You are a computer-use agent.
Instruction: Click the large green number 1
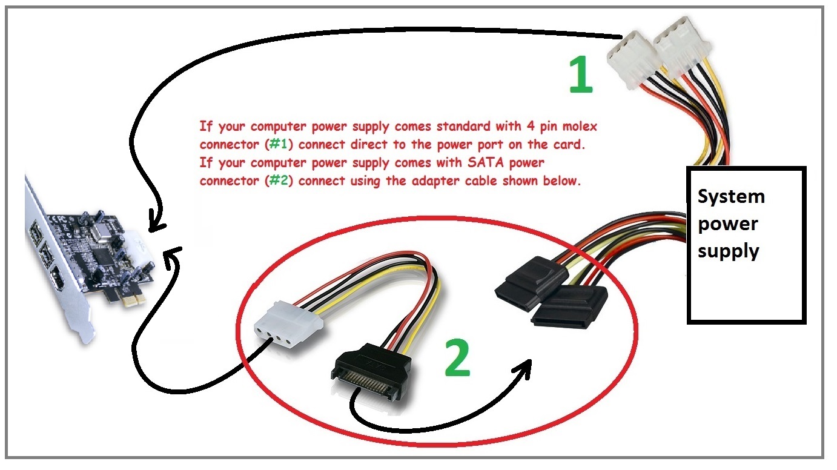pos(581,76)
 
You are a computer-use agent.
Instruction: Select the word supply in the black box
pos(729,251)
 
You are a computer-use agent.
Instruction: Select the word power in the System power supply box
pos(727,223)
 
